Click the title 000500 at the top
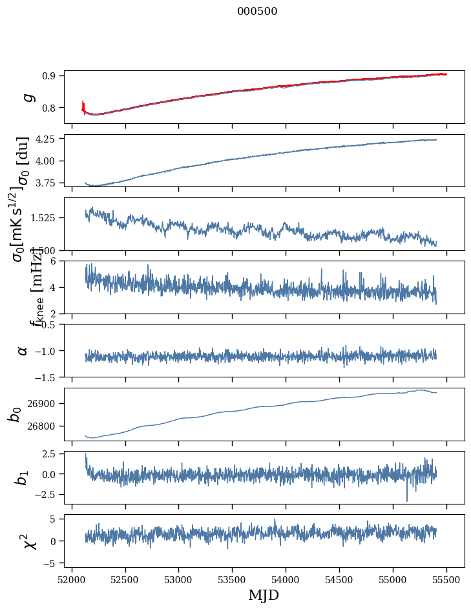(x=257, y=11)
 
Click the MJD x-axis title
(x=264, y=595)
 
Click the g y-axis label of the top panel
(x=27, y=97)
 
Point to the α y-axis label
(x=23, y=350)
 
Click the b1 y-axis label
(x=23, y=477)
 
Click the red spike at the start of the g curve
(x=83, y=105)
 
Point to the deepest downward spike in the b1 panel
(x=407, y=499)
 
